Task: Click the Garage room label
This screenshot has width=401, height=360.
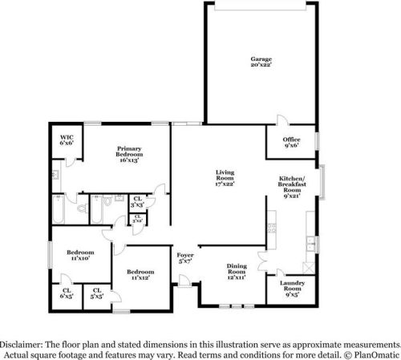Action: coord(261,63)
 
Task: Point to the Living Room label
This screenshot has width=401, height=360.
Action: coord(224,178)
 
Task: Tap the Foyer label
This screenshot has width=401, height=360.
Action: coord(185,257)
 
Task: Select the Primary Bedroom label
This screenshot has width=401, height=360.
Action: coord(129,154)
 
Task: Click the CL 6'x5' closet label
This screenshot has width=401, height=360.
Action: coord(66,293)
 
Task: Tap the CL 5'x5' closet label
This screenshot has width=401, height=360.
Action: coord(98,293)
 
